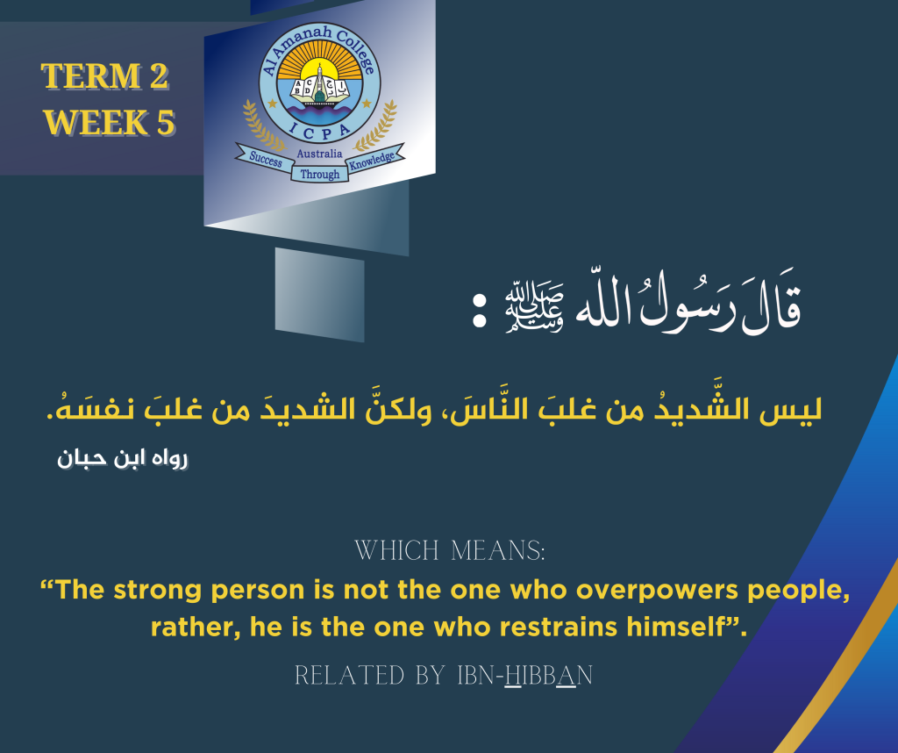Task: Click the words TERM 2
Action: pos(105,77)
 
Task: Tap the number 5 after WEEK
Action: pos(165,122)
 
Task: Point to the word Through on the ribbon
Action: pos(320,175)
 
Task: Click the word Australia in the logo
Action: pos(320,154)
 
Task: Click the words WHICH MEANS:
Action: pos(449,552)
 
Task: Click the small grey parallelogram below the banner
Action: pos(319,282)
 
